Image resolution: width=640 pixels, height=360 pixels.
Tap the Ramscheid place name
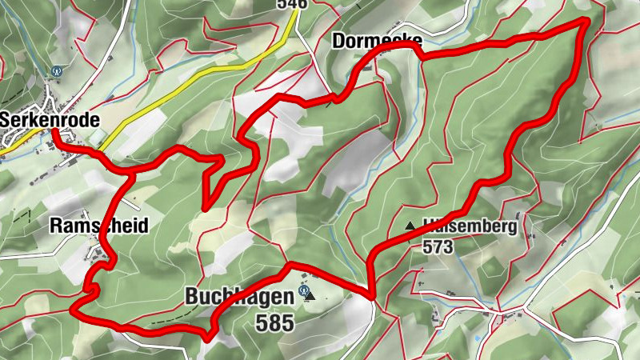98,226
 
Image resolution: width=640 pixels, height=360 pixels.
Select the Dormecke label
374,40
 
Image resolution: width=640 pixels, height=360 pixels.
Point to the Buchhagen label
238,296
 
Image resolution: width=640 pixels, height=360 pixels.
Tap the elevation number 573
438,247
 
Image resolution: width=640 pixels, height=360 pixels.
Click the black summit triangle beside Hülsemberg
410,226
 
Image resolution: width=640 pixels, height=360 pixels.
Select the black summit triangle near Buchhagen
311,296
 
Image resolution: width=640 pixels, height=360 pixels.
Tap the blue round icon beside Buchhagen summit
303,291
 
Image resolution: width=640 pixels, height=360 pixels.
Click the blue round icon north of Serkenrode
56,70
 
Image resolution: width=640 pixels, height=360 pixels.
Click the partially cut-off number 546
292,4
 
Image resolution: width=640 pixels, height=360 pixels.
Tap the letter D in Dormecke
337,40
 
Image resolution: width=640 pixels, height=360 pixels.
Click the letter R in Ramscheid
54,226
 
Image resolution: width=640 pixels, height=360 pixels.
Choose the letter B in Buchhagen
191,296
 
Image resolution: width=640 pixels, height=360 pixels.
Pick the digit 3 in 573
449,247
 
